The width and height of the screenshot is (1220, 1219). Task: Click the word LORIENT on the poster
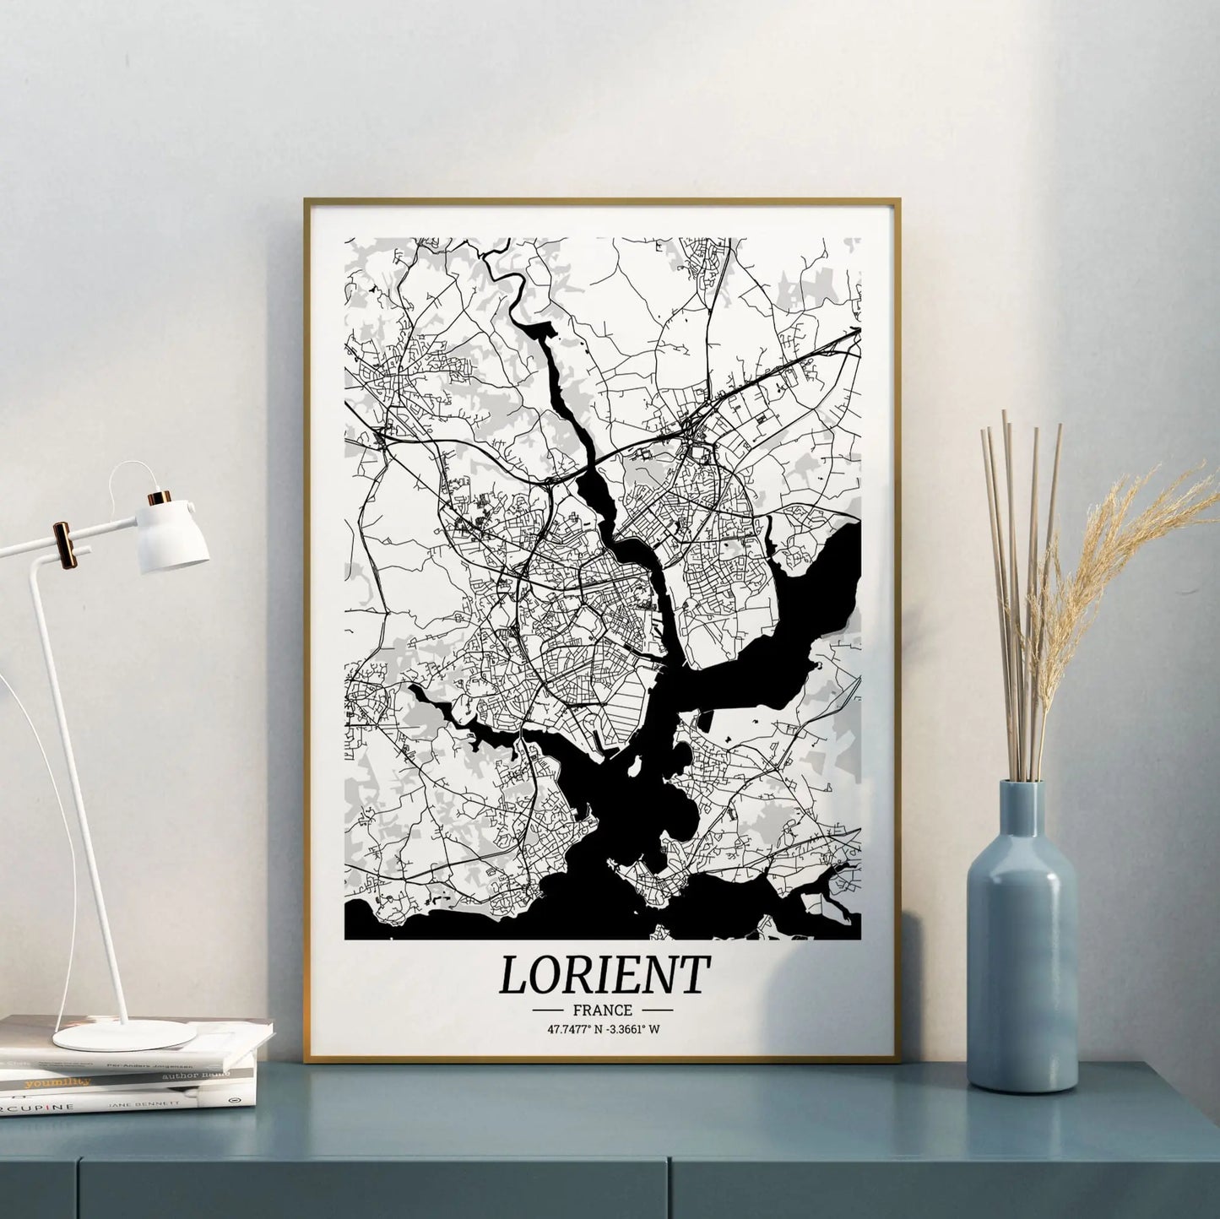603,974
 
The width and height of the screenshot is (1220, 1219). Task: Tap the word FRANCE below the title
602,1010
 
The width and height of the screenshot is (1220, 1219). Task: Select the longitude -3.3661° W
634,1029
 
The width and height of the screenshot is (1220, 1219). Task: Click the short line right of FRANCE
657,1010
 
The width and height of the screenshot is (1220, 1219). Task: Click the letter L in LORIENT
512,975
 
